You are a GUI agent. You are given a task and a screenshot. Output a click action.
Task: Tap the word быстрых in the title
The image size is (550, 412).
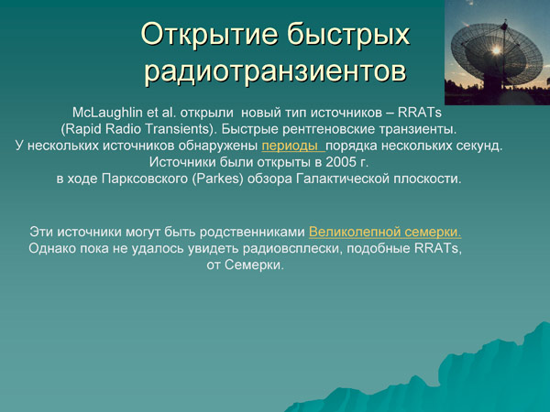click(x=356, y=35)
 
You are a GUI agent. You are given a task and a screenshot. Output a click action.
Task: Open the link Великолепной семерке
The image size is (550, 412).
click(x=384, y=232)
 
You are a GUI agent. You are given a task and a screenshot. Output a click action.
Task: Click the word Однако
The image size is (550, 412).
click(x=53, y=248)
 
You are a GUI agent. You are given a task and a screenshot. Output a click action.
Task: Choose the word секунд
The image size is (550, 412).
click(x=481, y=146)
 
